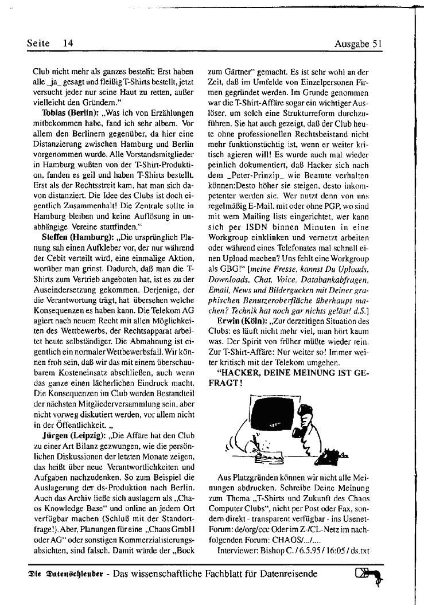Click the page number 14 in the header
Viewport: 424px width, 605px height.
[69, 42]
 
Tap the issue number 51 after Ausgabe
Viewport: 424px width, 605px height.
[376, 43]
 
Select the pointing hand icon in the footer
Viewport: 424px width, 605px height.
[367, 574]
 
